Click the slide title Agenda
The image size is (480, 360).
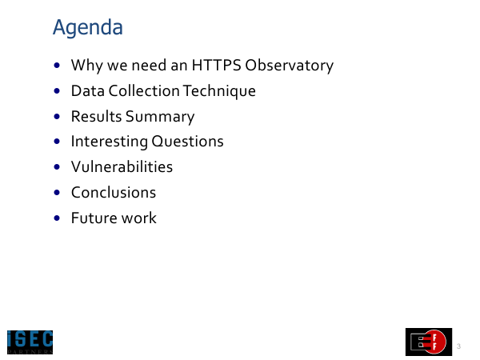pyautogui.click(x=88, y=28)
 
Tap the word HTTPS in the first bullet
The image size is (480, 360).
pyautogui.click(x=217, y=65)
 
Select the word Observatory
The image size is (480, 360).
pyautogui.click(x=290, y=66)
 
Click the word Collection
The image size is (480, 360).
pyautogui.click(x=144, y=91)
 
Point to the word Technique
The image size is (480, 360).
pyautogui.click(x=219, y=91)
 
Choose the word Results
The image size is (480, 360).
pyautogui.click(x=97, y=116)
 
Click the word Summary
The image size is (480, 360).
pyautogui.click(x=160, y=117)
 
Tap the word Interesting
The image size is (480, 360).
pyautogui.click(x=110, y=142)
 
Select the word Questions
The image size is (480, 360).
pyautogui.click(x=187, y=142)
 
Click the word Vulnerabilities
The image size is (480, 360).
pyautogui.click(x=122, y=167)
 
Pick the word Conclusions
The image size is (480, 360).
pyautogui.click(x=114, y=193)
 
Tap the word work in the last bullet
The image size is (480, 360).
pyautogui.click(x=139, y=218)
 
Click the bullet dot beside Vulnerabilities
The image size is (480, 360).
pyautogui.click(x=57, y=167)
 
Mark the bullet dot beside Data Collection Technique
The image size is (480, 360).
pyautogui.click(x=57, y=91)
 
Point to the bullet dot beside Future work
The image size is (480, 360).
pyautogui.click(x=57, y=218)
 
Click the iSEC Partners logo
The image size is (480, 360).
pyautogui.click(x=30, y=342)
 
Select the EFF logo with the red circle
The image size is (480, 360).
pyautogui.click(x=429, y=342)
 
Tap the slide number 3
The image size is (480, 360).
pyautogui.click(x=458, y=346)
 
